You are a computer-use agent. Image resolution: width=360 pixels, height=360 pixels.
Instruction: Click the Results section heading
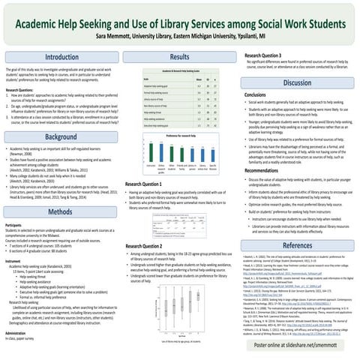(180, 58)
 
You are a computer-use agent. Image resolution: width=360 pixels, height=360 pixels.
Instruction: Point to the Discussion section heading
(298, 83)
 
